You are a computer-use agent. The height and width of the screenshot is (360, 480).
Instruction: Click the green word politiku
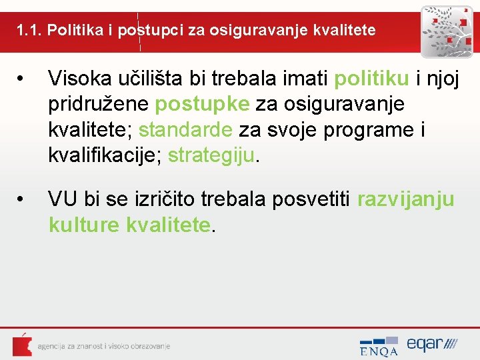(x=371, y=79)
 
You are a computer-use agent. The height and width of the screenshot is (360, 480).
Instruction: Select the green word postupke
(x=203, y=105)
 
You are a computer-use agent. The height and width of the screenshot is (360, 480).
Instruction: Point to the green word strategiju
(x=211, y=155)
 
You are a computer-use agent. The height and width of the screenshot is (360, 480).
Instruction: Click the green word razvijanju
(x=406, y=199)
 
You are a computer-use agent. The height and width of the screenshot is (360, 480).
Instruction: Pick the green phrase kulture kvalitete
(x=130, y=225)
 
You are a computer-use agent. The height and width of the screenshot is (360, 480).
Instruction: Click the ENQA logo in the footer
(x=379, y=346)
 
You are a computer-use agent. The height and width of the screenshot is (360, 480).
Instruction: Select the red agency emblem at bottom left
(x=22, y=345)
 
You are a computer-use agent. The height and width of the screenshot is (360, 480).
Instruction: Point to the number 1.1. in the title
(x=29, y=30)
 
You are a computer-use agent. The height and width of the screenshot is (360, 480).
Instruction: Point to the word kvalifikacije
(x=103, y=155)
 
